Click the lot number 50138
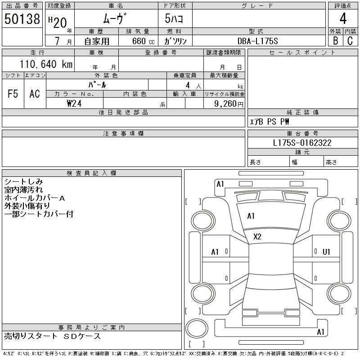pos(22,19)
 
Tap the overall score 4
pos(343,19)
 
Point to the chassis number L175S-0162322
pos(302,143)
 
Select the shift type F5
pos(13,94)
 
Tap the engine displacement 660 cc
pos(138,41)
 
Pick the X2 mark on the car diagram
pos(257,237)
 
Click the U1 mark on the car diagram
pos(327,252)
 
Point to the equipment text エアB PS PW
pos(270,121)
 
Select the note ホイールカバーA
pos(35,198)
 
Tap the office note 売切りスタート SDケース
pos(53,336)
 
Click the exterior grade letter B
pos(335,41)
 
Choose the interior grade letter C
pos(350,41)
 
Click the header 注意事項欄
pos(123,134)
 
